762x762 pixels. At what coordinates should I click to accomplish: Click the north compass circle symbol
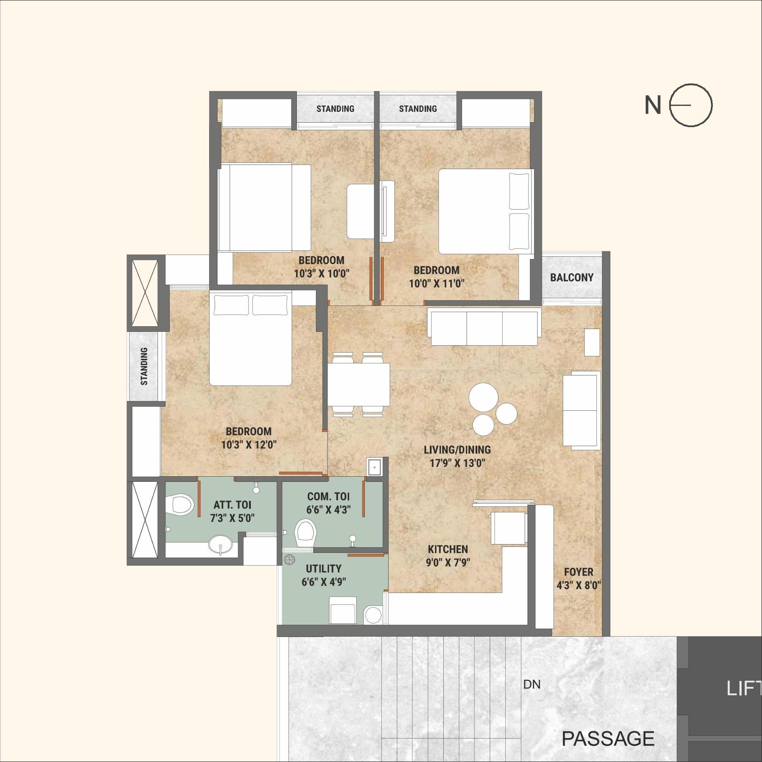click(x=691, y=105)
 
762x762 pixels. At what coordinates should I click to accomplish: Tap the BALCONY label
click(x=571, y=277)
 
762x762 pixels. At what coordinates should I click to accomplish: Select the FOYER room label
click(x=578, y=572)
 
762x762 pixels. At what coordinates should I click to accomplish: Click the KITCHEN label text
click(x=448, y=549)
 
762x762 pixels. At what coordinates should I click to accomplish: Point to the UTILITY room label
click(x=323, y=568)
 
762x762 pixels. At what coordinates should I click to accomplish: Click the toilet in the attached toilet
click(x=180, y=504)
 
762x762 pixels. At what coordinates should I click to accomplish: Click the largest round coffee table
click(x=483, y=397)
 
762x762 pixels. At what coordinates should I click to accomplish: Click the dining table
click(x=358, y=384)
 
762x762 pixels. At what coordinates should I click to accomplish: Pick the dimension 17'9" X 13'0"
click(x=457, y=463)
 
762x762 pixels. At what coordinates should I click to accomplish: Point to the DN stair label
click(x=532, y=685)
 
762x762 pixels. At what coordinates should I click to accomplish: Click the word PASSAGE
click(x=608, y=739)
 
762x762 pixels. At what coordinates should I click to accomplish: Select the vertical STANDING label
click(x=144, y=366)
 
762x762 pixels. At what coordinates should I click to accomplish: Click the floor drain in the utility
click(x=290, y=560)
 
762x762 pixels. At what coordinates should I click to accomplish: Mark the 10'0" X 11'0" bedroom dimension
click(x=437, y=284)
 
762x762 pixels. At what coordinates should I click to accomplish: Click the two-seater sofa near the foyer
click(x=581, y=410)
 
